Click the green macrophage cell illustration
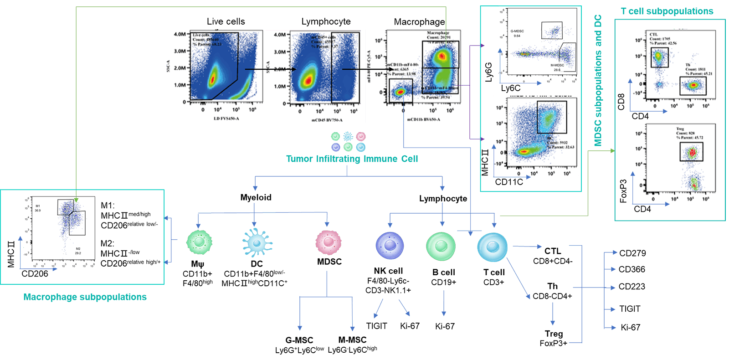tap(199, 242)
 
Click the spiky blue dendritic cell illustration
tap(257, 242)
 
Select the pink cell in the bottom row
tap(328, 242)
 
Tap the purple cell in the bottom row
tap(390, 246)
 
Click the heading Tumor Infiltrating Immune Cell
tap(352, 159)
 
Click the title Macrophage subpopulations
tap(85, 297)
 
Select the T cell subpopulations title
tap(667, 11)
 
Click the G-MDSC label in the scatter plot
tap(517, 31)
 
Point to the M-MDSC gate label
tap(557, 65)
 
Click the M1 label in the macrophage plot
tap(38, 206)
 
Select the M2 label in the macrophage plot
tap(78, 249)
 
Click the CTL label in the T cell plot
tap(654, 34)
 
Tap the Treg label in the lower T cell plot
tap(680, 129)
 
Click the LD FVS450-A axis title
tap(226, 118)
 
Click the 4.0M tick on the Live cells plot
tap(180, 34)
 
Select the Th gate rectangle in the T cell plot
tap(693, 86)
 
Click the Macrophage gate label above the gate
tap(438, 33)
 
